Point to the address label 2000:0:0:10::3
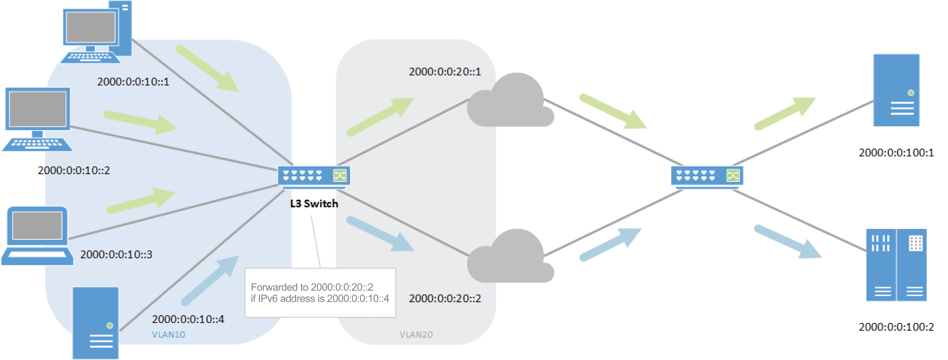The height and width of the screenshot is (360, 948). [116, 254]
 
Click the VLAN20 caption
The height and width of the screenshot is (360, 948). [416, 335]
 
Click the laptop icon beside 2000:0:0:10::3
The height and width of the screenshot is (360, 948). [37, 236]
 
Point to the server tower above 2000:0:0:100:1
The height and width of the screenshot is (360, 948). [896, 90]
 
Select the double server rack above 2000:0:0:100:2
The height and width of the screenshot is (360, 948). [896, 265]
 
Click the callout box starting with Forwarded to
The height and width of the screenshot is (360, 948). [320, 293]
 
